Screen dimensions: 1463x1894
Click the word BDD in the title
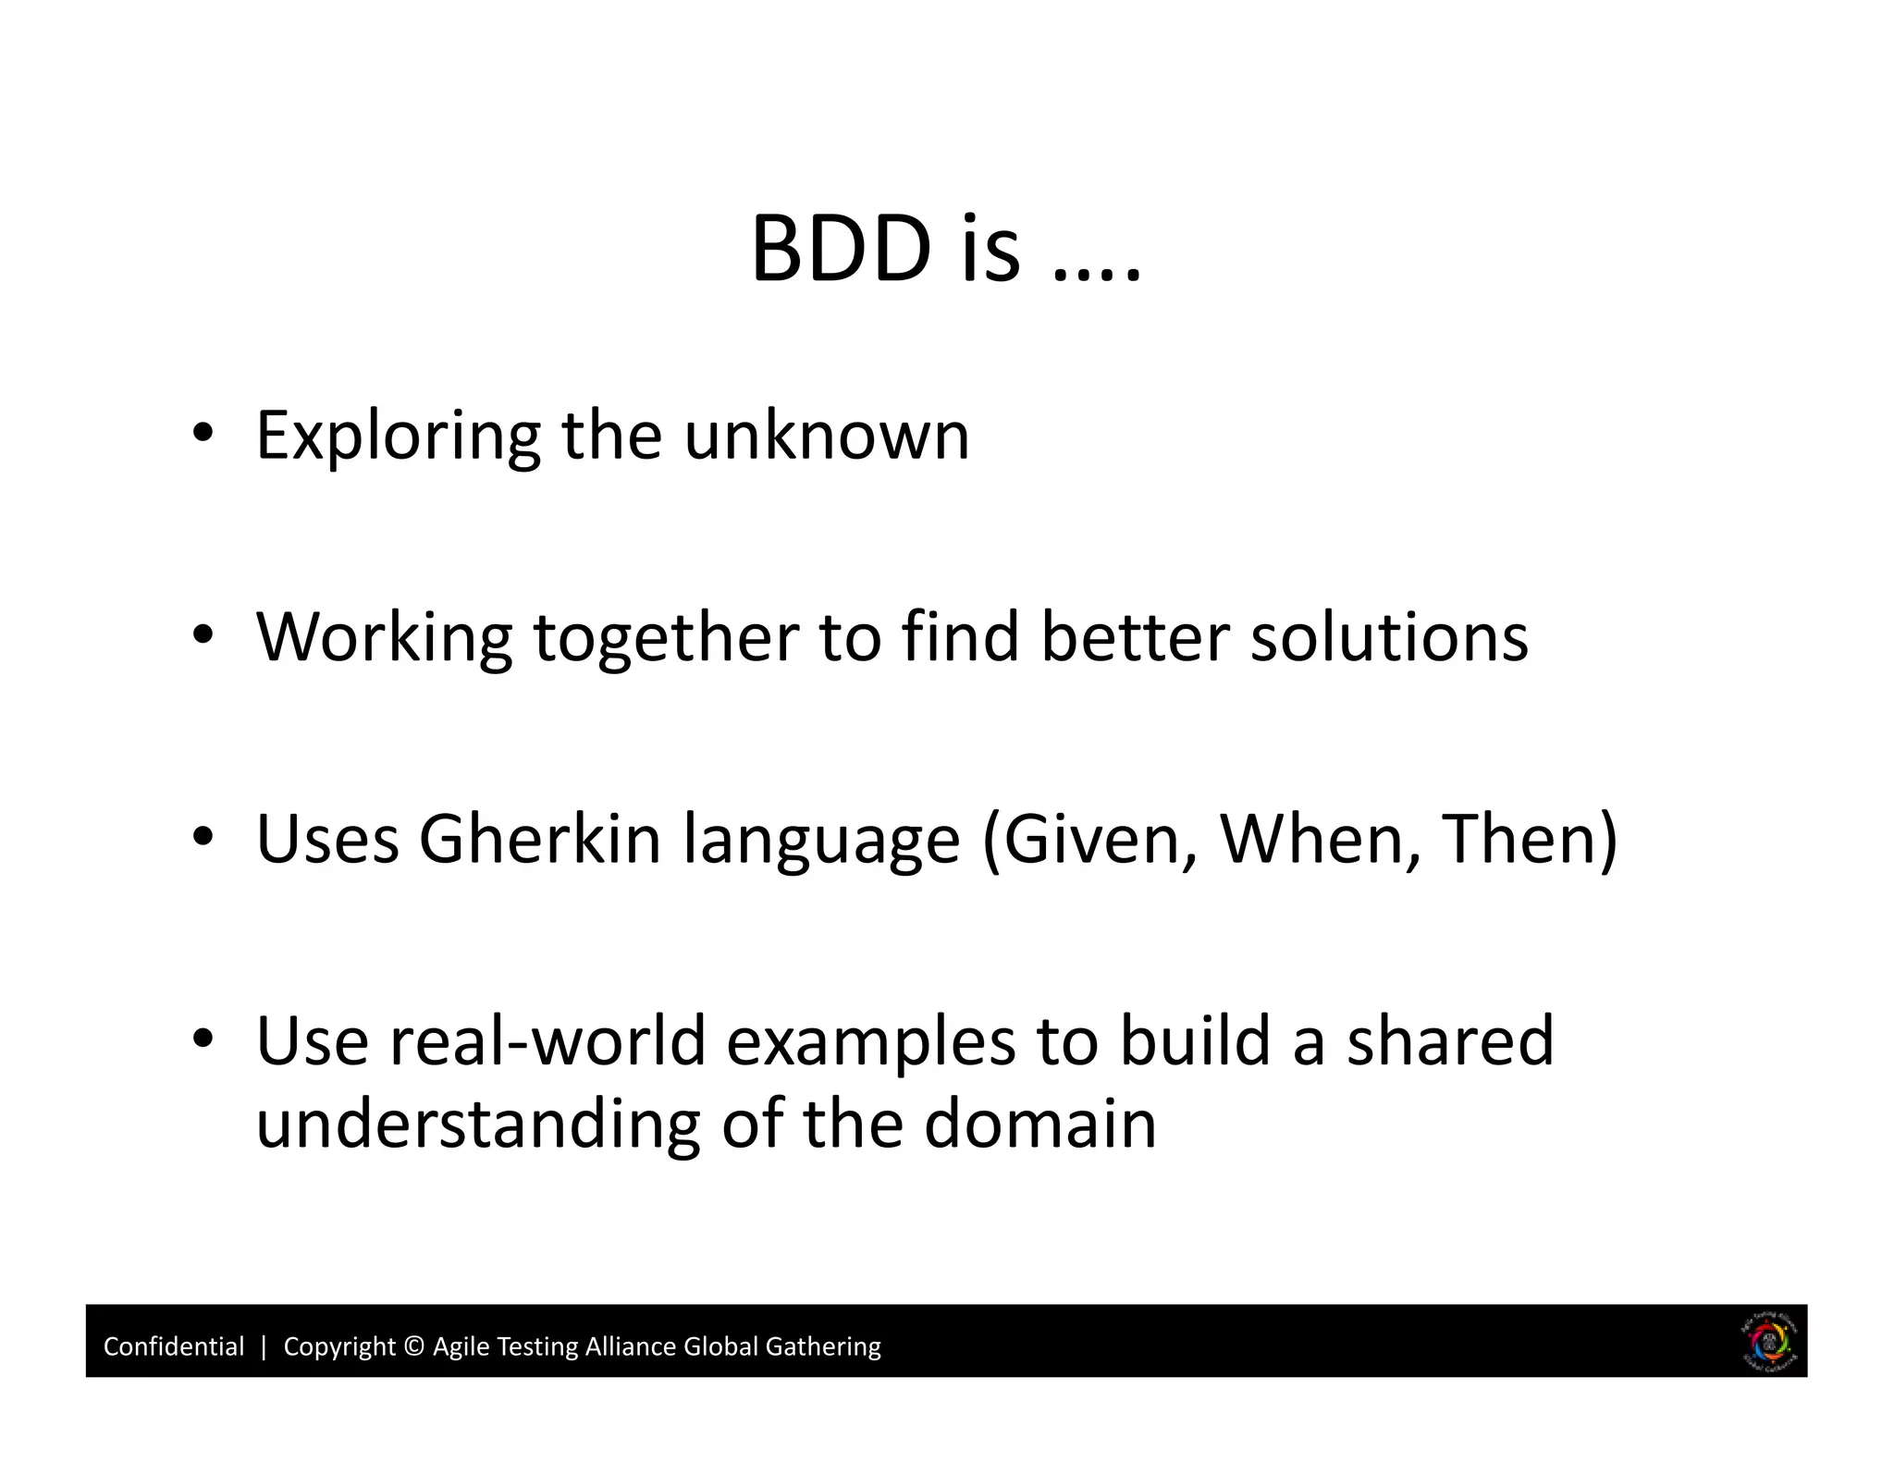pos(840,249)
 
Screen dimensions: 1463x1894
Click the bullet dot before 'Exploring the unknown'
pos(203,432)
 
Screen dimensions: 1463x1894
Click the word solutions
pos(1389,637)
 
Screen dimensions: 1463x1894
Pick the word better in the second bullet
pos(1135,637)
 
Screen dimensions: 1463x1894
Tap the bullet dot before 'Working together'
pos(203,634)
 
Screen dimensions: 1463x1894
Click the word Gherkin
pos(539,839)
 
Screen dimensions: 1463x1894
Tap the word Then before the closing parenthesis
pos(1519,839)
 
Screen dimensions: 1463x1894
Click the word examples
pos(871,1041)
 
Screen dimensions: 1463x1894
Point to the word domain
pos(1039,1125)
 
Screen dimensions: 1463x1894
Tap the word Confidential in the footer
pos(174,1346)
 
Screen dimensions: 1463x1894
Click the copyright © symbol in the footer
pos(414,1346)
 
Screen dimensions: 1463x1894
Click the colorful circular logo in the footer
pos(1768,1342)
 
